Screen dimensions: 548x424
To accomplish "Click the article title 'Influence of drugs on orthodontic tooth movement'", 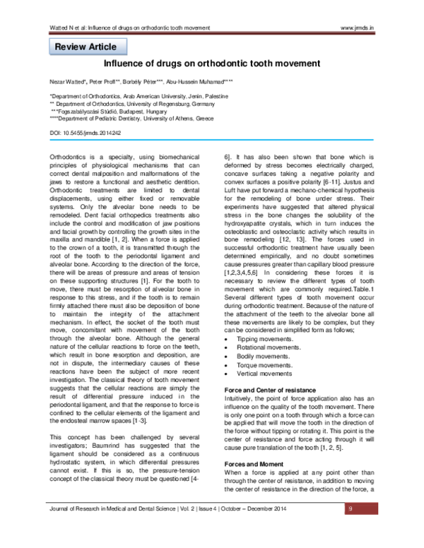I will (x=213, y=64).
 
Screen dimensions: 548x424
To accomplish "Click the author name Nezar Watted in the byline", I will (x=68, y=83).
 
